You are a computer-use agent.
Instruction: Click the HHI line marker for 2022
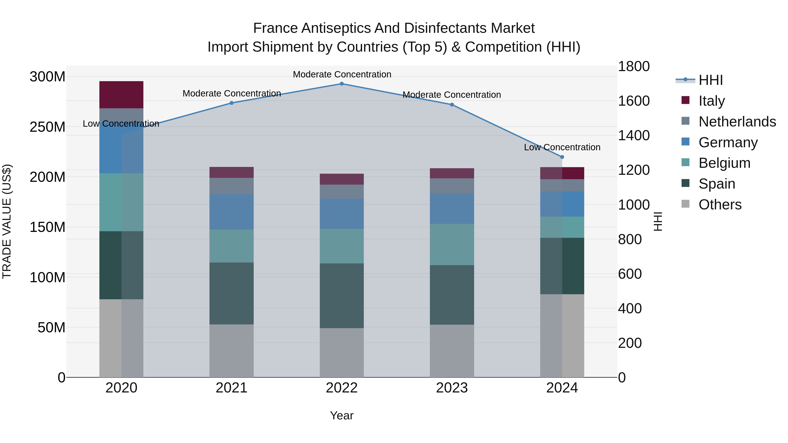[x=342, y=84]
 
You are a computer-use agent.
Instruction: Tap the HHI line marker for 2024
[x=562, y=157]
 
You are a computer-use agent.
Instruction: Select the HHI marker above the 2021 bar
[x=232, y=103]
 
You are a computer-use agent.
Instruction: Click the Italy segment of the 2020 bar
[x=121, y=95]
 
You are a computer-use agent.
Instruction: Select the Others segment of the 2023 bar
[x=452, y=351]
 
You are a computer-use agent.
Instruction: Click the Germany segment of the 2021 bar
[x=232, y=212]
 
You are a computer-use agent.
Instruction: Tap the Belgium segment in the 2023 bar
[x=452, y=244]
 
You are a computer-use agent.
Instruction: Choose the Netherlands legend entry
[x=737, y=122]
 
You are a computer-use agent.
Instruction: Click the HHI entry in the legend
[x=711, y=80]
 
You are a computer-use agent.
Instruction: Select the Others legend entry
[x=720, y=205]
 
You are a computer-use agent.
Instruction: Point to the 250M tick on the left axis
[x=47, y=127]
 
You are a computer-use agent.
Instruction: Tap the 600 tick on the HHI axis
[x=630, y=274]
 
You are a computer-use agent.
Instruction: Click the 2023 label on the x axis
[x=452, y=388]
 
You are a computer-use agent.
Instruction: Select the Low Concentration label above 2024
[x=562, y=147]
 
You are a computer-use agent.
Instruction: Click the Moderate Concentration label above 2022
[x=342, y=74]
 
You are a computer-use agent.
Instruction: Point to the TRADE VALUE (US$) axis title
[x=7, y=221]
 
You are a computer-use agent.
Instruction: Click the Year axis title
[x=342, y=415]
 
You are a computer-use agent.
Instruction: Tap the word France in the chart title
[x=275, y=28]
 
